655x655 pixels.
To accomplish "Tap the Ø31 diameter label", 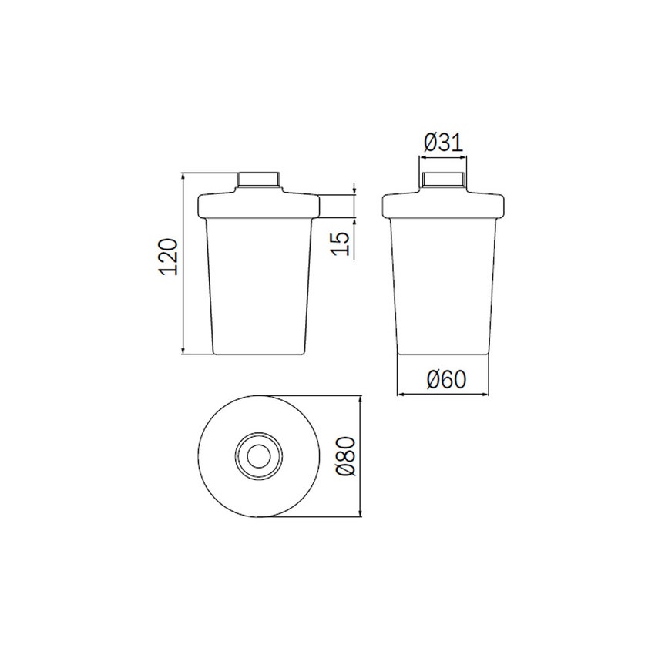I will (x=442, y=142).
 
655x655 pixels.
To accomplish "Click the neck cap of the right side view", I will (x=442, y=180).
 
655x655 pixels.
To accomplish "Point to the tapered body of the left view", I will (x=260, y=285).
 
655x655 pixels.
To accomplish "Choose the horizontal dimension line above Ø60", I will (x=443, y=394).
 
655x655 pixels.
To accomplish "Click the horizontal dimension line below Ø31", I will (x=442, y=159).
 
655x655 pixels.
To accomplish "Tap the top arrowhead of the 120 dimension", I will (x=183, y=177).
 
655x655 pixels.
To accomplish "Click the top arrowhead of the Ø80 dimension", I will (x=360, y=400).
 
